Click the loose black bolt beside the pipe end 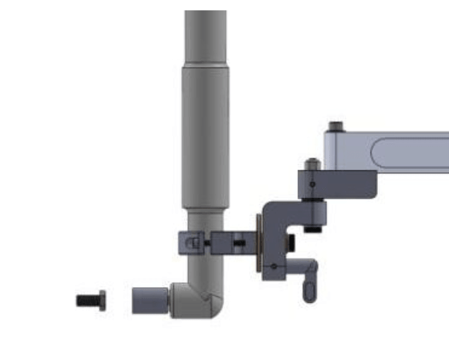(91, 300)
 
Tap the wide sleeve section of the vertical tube (206, 137)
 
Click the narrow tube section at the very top (206, 36)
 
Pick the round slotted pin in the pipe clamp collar (193, 243)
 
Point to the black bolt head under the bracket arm (313, 229)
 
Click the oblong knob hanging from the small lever (310, 290)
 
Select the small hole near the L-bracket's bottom (274, 266)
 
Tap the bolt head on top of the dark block (312, 164)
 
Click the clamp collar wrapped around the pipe (188, 243)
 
